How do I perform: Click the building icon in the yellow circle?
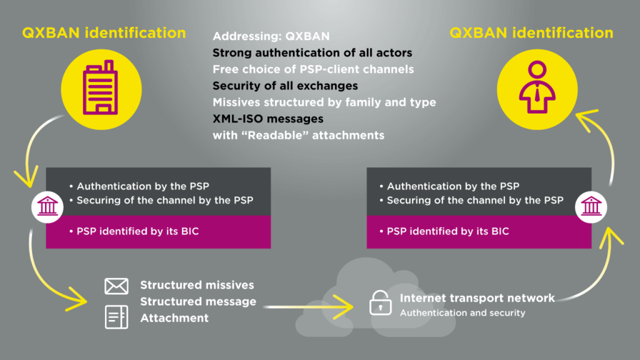101,87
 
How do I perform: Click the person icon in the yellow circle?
537,87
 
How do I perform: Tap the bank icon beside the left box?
47,206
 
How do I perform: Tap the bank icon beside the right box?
591,206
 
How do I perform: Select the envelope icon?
116,286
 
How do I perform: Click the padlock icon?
381,302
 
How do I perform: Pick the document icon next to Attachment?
116,317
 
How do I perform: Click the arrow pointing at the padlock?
309,306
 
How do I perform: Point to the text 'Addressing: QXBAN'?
271,36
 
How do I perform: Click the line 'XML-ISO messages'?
267,119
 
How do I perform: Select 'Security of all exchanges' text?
285,86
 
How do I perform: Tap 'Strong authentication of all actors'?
312,52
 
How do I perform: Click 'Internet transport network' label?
477,298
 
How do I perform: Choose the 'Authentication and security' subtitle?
462,313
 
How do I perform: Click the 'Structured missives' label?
197,285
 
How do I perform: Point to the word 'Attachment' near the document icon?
174,318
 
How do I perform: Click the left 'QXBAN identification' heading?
104,32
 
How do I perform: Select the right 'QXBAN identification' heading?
531,32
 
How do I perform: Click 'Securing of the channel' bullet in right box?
471,201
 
